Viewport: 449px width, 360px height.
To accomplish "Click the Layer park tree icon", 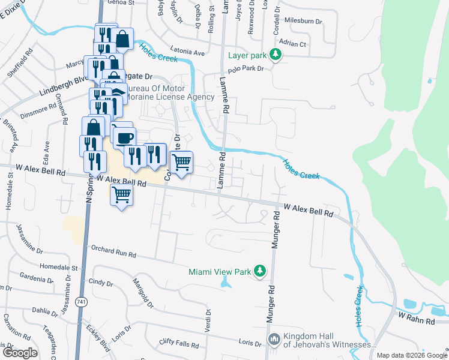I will click(x=276, y=55).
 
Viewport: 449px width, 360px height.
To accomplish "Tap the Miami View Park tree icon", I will click(x=260, y=272).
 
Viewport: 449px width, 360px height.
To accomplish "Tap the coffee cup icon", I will click(x=125, y=138).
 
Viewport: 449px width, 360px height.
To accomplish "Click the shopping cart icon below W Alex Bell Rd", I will click(x=121, y=194).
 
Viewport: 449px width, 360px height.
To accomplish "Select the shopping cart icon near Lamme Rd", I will click(x=181, y=161).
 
